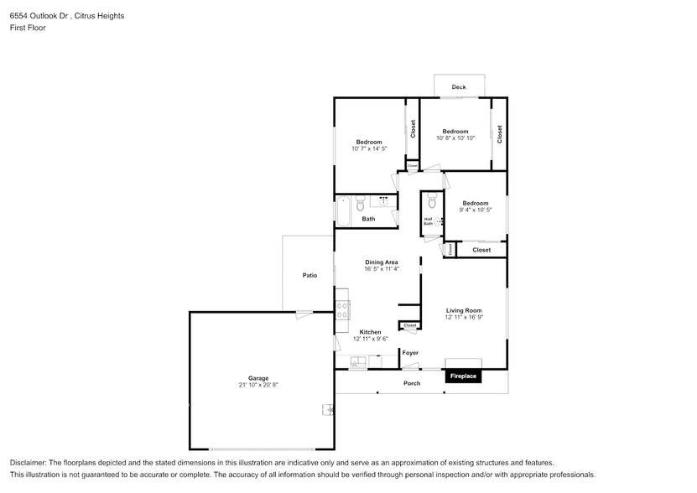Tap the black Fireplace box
(463, 376)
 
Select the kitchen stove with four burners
(342, 310)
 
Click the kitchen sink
(357, 362)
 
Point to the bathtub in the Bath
(344, 210)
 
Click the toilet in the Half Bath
(432, 201)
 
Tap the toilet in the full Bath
(360, 202)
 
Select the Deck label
(458, 87)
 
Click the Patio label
(309, 275)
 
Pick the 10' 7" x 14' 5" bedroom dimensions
(369, 148)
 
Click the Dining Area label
(381, 262)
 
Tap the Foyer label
(410, 353)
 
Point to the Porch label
(412, 383)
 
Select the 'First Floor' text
(28, 28)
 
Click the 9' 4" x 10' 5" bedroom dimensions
(475, 210)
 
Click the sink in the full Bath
(383, 201)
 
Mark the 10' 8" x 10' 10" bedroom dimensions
(455, 138)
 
